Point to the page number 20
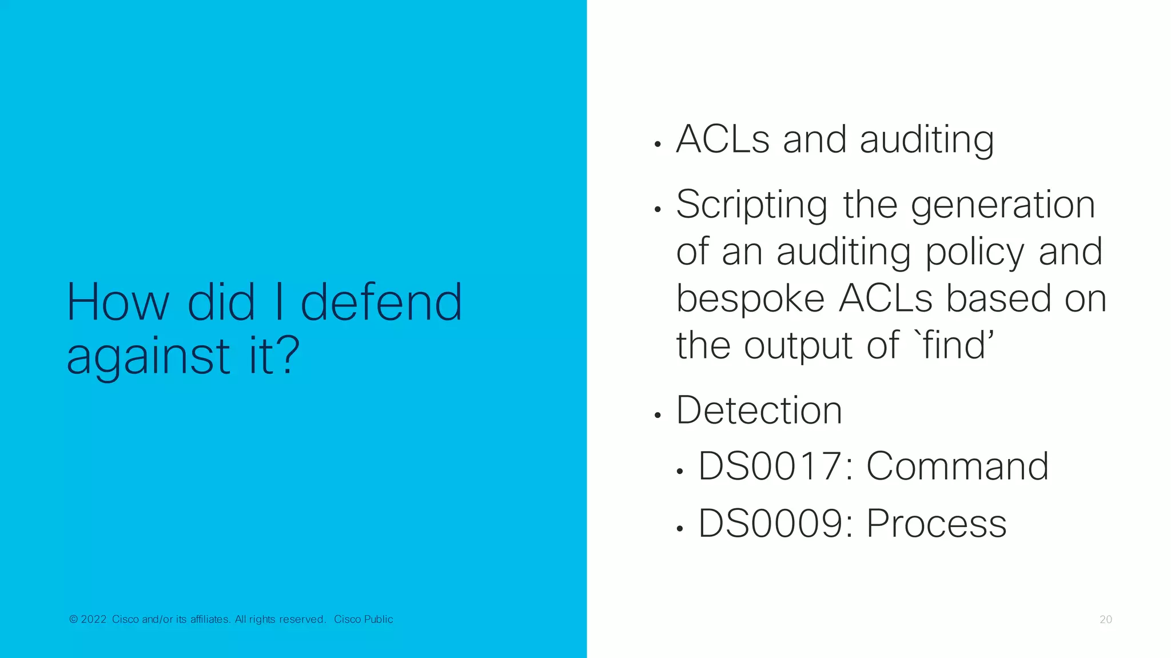point(1105,619)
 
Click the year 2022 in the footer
point(94,619)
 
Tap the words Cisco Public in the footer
point(364,619)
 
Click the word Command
point(958,466)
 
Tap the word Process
point(936,523)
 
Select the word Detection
point(759,410)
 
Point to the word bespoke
point(751,300)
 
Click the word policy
point(975,253)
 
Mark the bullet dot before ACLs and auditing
point(658,145)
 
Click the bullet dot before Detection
point(658,416)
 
